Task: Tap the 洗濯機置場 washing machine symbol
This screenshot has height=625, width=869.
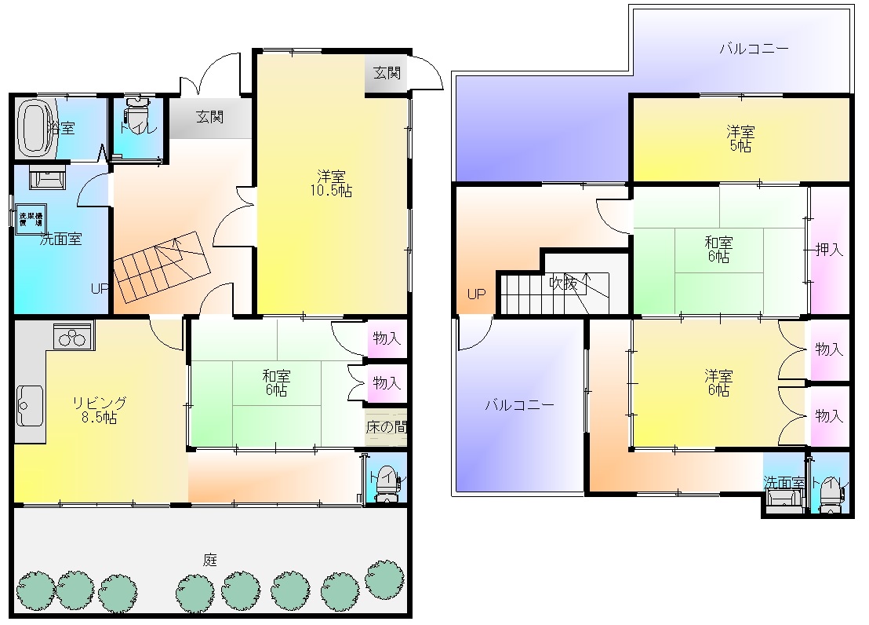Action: point(31,219)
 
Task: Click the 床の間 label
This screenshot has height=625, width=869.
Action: point(386,428)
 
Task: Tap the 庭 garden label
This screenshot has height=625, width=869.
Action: point(210,560)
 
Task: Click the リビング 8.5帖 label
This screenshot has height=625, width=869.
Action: point(97,411)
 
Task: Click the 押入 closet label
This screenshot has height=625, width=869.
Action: point(829,250)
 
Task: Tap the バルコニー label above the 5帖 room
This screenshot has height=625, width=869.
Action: point(754,49)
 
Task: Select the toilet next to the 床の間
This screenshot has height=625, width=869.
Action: point(385,482)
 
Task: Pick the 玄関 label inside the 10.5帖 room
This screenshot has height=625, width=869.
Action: point(386,73)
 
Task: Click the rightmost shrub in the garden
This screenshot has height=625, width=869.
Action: point(385,579)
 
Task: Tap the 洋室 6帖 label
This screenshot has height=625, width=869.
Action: point(718,382)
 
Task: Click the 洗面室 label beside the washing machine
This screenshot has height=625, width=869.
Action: point(60,239)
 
